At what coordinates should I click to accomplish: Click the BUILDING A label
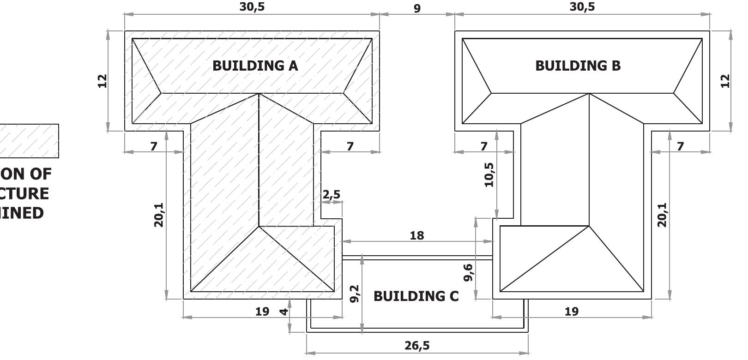(x=255, y=66)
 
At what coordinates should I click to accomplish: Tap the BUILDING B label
(x=578, y=66)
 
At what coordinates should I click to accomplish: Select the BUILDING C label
(x=416, y=296)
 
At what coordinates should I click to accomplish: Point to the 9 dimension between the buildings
(x=417, y=8)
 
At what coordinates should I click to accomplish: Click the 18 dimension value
(x=416, y=235)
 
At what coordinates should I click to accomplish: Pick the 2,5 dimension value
(x=332, y=194)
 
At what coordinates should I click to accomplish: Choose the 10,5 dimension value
(x=489, y=174)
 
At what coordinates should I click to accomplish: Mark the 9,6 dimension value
(x=468, y=272)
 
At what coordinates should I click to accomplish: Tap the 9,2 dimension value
(x=355, y=294)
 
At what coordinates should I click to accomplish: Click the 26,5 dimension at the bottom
(x=417, y=345)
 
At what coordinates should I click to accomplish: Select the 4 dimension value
(x=284, y=312)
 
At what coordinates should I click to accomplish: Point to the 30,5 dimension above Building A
(x=252, y=7)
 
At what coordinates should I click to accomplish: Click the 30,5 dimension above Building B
(x=582, y=7)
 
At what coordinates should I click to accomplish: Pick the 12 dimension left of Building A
(x=102, y=81)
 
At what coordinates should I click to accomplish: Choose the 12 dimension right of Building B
(x=725, y=81)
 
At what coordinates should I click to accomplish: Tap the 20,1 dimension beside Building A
(x=159, y=215)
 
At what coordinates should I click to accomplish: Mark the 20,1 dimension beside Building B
(x=662, y=215)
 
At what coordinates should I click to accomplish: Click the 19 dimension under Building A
(x=262, y=312)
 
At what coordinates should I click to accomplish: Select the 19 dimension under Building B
(x=572, y=312)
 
